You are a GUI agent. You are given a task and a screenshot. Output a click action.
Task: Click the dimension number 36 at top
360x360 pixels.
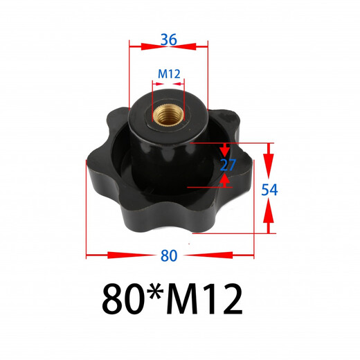coord(168,39)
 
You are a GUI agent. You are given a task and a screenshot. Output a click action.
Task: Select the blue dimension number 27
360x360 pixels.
coord(228,164)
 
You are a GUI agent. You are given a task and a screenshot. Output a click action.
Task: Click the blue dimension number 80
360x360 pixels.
coord(168,255)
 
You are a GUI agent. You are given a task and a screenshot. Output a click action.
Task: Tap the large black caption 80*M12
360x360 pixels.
coord(172,298)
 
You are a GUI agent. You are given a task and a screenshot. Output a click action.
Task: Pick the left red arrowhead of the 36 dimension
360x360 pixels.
coord(137,46)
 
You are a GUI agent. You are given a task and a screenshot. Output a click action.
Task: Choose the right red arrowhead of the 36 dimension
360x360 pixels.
coord(200,46)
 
